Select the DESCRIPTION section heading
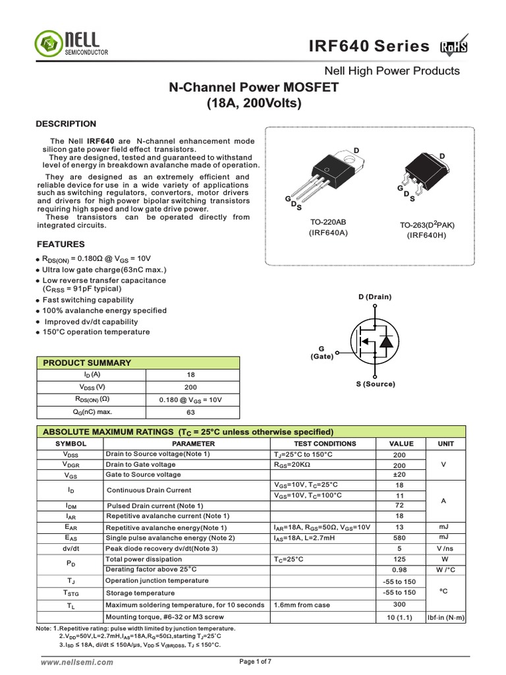tap(66, 123)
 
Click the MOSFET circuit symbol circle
tap(375, 341)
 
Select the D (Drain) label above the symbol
tap(375, 297)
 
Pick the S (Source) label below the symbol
tap(375, 384)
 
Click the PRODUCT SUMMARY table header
tap(87, 363)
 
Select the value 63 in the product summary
tap(191, 412)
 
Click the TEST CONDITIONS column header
tap(323, 444)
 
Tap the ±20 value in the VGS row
tap(399, 475)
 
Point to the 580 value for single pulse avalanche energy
tap(399, 538)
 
